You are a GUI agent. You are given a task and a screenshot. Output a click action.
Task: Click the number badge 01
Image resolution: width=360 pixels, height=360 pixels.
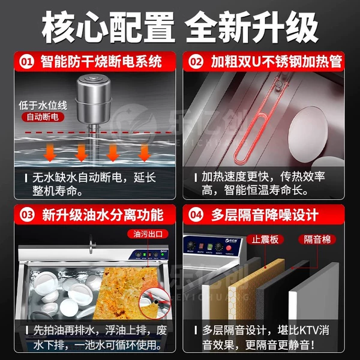(x=27, y=62)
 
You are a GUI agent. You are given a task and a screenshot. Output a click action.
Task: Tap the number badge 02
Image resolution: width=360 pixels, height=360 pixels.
(x=196, y=62)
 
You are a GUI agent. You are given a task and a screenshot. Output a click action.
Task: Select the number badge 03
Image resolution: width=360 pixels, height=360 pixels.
(x=27, y=215)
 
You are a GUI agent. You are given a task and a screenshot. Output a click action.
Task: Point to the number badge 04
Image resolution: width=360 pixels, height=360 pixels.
(x=196, y=215)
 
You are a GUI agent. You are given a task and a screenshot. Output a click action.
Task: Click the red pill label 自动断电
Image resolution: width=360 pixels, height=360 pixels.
(x=43, y=117)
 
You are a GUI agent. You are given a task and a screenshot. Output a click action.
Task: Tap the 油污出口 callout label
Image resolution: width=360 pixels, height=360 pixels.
(x=148, y=234)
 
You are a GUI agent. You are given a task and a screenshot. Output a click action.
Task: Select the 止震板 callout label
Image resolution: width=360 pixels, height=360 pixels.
(x=265, y=239)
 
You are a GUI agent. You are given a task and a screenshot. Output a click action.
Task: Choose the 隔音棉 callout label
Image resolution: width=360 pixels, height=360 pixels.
(x=317, y=239)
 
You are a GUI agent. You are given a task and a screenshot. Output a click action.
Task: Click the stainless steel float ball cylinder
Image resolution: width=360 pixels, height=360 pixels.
(x=94, y=99)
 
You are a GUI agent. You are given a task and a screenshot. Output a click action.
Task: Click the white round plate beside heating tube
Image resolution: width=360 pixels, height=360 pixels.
(x=308, y=133)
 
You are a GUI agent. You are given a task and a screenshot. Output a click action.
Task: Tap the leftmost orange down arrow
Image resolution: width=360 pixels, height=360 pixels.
(x=50, y=152)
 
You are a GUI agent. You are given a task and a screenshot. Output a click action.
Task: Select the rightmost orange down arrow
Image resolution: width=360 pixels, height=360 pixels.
(x=145, y=152)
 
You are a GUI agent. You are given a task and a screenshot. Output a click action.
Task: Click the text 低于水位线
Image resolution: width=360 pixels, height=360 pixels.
(x=43, y=105)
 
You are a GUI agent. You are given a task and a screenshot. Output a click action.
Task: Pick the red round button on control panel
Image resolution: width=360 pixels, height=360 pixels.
(x=228, y=248)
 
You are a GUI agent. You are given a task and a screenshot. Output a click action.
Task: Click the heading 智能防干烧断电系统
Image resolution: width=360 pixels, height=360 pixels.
(x=101, y=62)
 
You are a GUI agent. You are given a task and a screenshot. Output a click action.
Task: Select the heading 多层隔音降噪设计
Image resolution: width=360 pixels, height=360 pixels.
(x=265, y=215)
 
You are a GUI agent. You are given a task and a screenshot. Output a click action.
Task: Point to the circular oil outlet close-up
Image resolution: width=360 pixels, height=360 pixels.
(x=155, y=302)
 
